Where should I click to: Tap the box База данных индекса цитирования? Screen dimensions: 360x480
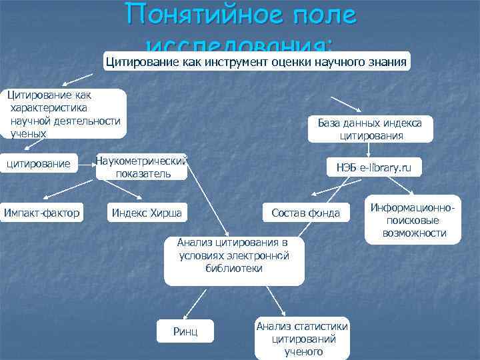370,129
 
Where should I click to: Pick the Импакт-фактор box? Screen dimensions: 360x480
41,213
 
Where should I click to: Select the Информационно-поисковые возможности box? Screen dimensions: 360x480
414,221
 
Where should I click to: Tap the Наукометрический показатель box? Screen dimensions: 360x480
142,167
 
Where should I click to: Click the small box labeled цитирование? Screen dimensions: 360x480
38,163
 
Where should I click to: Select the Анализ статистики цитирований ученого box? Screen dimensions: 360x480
302,339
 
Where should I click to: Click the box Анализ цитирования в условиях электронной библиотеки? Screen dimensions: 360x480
234,255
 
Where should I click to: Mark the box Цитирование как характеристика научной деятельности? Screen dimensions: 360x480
64,114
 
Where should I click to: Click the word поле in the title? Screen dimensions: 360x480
319,16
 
